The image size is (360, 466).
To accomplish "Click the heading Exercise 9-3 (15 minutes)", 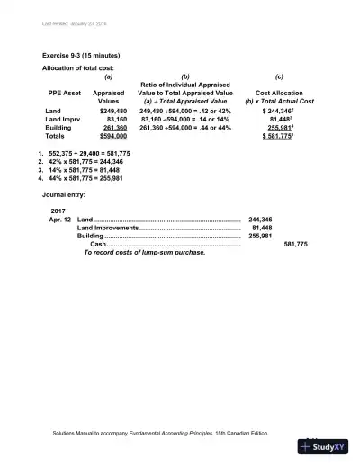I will (80, 56).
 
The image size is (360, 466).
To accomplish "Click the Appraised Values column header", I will (108, 97).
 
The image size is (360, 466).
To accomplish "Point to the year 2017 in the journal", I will (59, 211).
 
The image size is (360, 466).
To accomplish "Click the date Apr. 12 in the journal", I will (62, 220).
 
